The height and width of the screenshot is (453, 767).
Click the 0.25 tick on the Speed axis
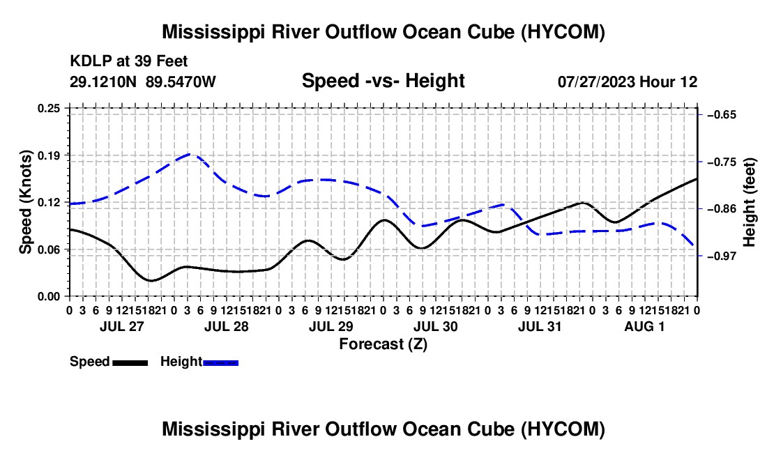pyautogui.click(x=49, y=108)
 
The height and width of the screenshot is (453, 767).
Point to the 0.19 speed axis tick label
pyautogui.click(x=49, y=155)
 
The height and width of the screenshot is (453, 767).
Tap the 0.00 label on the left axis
pyautogui.click(x=49, y=297)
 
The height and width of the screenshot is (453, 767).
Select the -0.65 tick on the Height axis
pyautogui.click(x=722, y=115)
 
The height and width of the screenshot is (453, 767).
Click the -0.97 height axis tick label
pyautogui.click(x=722, y=256)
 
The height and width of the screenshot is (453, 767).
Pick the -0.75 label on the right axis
pyautogui.click(x=722, y=162)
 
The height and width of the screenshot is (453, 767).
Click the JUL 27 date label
pyautogui.click(x=122, y=326)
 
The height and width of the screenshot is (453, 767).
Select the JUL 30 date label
pyautogui.click(x=435, y=326)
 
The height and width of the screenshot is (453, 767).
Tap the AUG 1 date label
pyautogui.click(x=644, y=326)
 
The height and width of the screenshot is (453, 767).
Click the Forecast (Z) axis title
pyautogui.click(x=383, y=344)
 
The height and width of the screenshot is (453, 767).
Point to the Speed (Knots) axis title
pyautogui.click(x=25, y=202)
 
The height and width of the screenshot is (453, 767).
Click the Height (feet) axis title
pyautogui.click(x=750, y=202)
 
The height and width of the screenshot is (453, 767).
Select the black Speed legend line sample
pyautogui.click(x=130, y=363)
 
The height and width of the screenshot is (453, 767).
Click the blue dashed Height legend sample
pyautogui.click(x=220, y=363)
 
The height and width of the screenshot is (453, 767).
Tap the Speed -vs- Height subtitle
pyautogui.click(x=383, y=81)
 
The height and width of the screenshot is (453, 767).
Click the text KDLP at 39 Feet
pyautogui.click(x=129, y=61)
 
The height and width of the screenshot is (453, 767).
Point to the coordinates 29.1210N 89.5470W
pyautogui.click(x=143, y=82)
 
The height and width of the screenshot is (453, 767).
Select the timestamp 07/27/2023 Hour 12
pyautogui.click(x=628, y=82)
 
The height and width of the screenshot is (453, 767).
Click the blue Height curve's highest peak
pyautogui.click(x=190, y=155)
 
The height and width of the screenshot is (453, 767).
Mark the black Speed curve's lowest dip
pyautogui.click(x=151, y=280)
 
